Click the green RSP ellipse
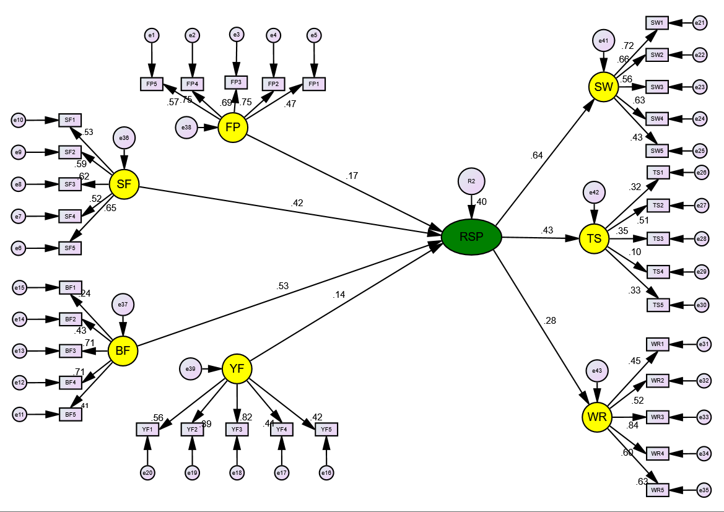[471, 236]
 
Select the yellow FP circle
[233, 128]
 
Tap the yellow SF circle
[124, 184]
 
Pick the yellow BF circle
[123, 352]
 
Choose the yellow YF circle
[237, 369]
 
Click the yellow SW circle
[603, 87]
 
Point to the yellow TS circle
[595, 238]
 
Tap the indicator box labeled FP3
[235, 82]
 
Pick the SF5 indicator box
[70, 248]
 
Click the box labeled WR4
[657, 453]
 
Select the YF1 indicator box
[147, 428]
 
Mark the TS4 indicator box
[658, 271]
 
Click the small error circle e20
[147, 473]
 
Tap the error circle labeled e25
[700, 150]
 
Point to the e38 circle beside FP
[186, 128]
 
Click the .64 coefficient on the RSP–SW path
[536, 155]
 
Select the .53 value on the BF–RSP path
[284, 286]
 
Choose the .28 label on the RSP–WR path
[549, 321]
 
